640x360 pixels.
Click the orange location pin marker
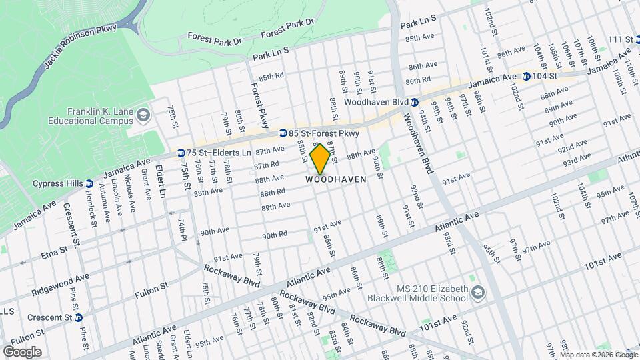click(320, 159)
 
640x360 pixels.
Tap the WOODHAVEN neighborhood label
click(337, 179)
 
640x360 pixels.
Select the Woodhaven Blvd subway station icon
click(414, 102)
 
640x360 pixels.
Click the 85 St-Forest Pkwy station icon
click(283, 133)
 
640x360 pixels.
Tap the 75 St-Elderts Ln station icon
click(181, 153)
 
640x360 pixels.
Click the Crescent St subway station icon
click(79, 317)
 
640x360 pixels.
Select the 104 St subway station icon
click(527, 77)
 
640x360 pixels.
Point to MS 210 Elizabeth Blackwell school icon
click(478, 293)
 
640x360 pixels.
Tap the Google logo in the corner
click(22, 351)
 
